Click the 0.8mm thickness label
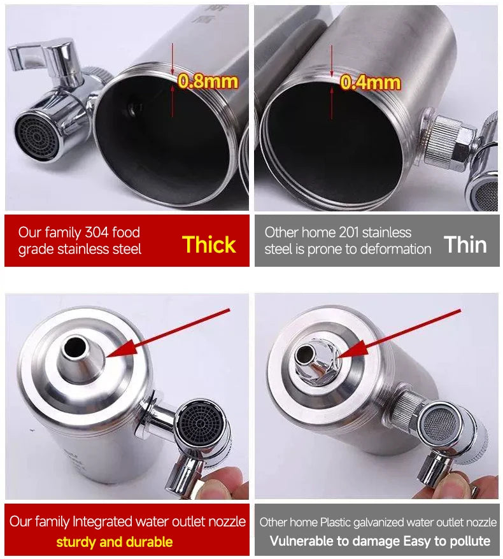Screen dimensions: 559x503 (x=208, y=81)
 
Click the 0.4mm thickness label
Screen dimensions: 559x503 (x=370, y=82)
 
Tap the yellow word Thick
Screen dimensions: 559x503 (x=209, y=244)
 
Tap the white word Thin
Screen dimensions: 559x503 (x=465, y=244)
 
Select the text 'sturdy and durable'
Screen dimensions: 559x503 (x=114, y=542)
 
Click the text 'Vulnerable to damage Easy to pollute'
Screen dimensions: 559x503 (x=379, y=542)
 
